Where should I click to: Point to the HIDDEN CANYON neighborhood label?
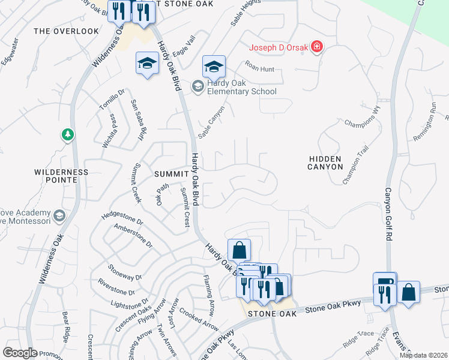(x=325, y=163)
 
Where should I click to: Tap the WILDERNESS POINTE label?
(x=61, y=176)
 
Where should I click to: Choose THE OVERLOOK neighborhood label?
(x=66, y=31)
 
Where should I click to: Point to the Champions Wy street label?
(x=363, y=117)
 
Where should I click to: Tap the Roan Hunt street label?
(x=259, y=70)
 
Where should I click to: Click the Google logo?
(x=20, y=353)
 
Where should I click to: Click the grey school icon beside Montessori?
(x=59, y=215)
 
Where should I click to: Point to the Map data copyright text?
(x=423, y=355)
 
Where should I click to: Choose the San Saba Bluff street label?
(x=140, y=113)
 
